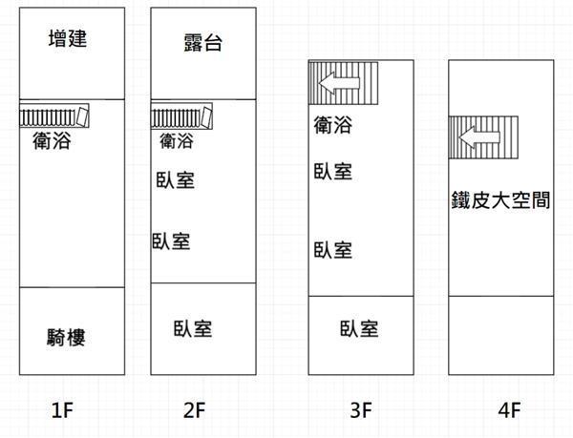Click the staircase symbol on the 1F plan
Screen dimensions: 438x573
(55, 115)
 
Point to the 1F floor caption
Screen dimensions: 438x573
(63, 410)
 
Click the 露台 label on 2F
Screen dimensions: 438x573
(203, 43)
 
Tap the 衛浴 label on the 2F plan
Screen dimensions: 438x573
(176, 141)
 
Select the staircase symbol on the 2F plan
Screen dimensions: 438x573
(182, 115)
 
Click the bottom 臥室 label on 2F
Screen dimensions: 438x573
(193, 329)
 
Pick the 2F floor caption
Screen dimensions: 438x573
(194, 410)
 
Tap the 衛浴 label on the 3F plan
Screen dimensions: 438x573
(332, 124)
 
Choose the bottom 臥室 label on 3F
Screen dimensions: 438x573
(359, 329)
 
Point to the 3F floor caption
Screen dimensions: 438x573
(360, 410)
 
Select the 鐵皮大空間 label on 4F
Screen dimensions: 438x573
(501, 200)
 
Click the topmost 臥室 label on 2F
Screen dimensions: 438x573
(175, 179)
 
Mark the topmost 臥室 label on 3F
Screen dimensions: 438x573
(332, 172)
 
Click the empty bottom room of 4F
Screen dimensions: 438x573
(501, 334)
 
